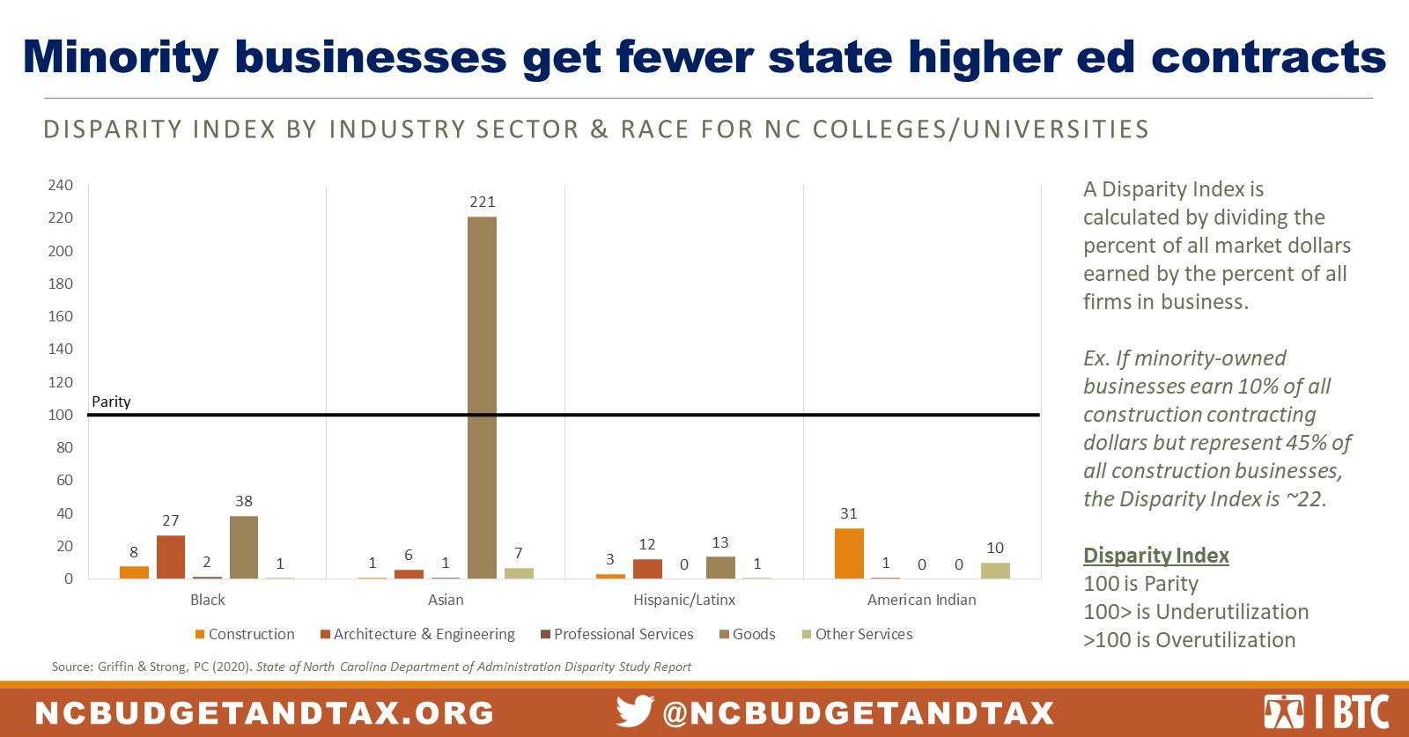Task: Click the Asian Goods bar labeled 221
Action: point(482,396)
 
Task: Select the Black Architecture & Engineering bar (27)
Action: point(171,556)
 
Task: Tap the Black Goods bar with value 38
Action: point(244,547)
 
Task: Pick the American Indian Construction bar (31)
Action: point(849,553)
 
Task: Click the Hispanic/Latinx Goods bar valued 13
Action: point(720,567)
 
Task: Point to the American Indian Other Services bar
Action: point(995,571)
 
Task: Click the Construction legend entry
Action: point(245,634)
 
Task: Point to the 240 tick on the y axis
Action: point(61,185)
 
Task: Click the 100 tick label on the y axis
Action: point(61,415)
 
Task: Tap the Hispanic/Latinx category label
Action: point(684,600)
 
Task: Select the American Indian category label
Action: point(921,600)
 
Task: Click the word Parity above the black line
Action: point(111,402)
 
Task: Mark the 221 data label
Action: point(483,202)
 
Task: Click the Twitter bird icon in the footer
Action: point(635,711)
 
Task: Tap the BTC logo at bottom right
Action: point(1326,711)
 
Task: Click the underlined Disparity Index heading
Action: point(1155,556)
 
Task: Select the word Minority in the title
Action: point(121,57)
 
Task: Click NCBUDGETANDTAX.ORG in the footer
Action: point(265,712)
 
